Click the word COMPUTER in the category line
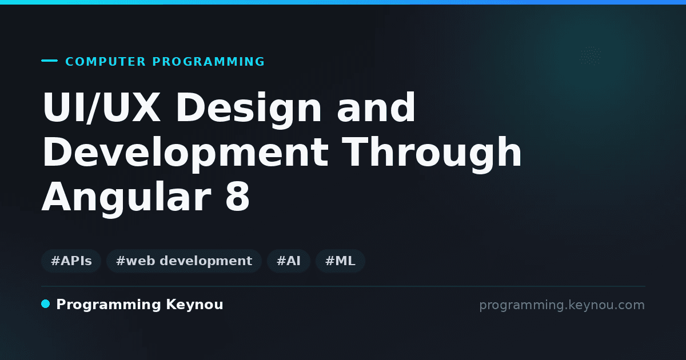click(x=105, y=62)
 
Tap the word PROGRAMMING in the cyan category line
click(x=208, y=62)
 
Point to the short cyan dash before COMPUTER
click(x=49, y=61)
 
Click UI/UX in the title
click(x=101, y=107)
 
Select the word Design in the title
click(x=248, y=110)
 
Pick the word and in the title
click(x=376, y=107)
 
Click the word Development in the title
click(x=185, y=154)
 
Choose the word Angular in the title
click(x=126, y=198)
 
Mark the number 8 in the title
click(x=238, y=197)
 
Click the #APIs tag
click(x=71, y=261)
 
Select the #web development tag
click(x=184, y=261)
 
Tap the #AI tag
click(x=289, y=261)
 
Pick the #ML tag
click(x=340, y=261)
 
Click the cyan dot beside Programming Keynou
click(x=45, y=304)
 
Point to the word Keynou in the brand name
click(x=194, y=305)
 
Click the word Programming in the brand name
click(x=109, y=305)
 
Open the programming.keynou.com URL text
click(x=562, y=305)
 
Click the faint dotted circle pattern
click(x=591, y=56)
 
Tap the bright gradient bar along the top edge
click(x=343, y=2)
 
